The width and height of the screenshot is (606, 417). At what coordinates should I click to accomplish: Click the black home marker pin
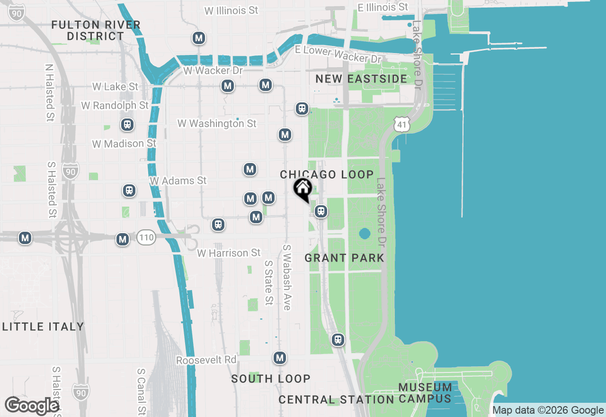coord(303,190)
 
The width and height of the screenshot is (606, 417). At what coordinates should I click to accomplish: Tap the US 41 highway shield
coord(401,125)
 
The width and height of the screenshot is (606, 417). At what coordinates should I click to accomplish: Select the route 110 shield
coord(146,237)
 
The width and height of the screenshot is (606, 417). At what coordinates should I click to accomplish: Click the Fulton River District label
coord(96,30)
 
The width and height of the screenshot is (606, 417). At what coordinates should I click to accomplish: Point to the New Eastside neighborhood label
coord(361,79)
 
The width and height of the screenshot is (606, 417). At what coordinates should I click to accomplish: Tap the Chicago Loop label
coord(327,174)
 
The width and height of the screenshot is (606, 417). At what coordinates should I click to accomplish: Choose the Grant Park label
coord(344,258)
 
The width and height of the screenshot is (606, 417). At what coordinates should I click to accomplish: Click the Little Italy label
coord(43,326)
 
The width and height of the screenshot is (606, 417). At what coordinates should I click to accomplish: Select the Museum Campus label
coord(425,393)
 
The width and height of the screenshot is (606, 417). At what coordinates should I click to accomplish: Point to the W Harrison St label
coord(229,253)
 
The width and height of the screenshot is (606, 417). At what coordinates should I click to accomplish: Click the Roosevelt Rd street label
coord(206,360)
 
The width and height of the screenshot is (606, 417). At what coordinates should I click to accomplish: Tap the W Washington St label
coord(217,124)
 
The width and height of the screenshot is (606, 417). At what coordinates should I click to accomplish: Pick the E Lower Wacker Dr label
coord(338,54)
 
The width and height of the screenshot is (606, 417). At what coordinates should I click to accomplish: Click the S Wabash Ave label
coord(286,277)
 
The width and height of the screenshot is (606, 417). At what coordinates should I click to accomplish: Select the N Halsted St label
coord(50,93)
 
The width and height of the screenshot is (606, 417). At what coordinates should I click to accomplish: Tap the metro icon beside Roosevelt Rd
coord(280,358)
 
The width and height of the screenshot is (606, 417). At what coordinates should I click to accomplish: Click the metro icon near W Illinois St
coord(199,38)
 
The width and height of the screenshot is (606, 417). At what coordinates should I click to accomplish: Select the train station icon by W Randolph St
coord(127,125)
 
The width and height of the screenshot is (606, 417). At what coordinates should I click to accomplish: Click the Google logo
coord(31,406)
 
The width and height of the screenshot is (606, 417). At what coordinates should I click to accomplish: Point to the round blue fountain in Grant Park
coord(365,234)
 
